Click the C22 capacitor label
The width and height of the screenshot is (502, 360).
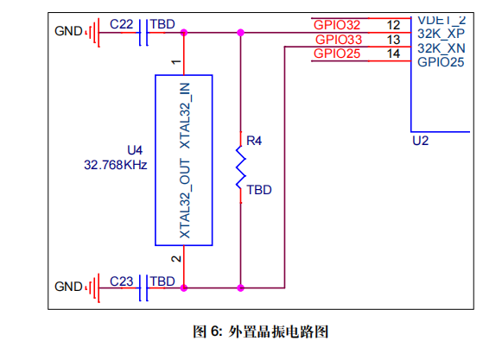point(121,26)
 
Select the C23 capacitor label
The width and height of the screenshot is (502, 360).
point(121,281)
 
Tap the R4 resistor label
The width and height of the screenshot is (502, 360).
point(253,140)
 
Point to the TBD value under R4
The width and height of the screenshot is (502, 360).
point(259,190)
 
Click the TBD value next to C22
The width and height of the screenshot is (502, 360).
point(162,26)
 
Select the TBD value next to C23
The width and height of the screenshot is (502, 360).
point(162,281)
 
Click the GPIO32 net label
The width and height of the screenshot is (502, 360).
point(338,24)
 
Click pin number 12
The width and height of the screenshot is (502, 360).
point(393,24)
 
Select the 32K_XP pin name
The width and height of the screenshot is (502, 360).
point(442,33)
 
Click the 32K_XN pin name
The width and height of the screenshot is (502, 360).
point(442,48)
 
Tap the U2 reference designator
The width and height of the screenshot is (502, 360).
point(421,140)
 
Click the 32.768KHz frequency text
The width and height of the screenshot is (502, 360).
point(115,164)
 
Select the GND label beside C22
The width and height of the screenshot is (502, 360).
point(67,31)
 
